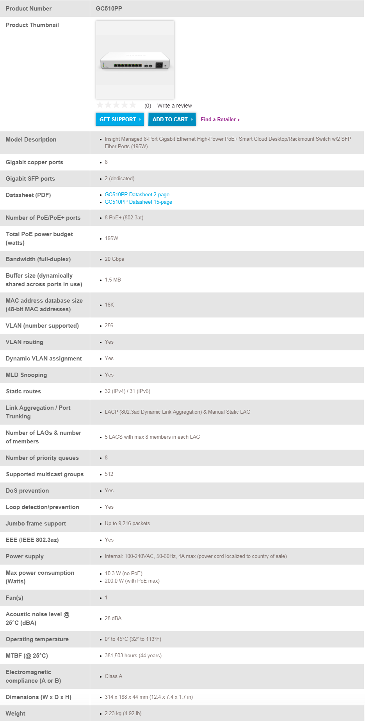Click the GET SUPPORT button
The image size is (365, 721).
[119, 119]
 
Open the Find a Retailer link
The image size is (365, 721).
[220, 120]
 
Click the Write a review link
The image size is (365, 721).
[174, 106]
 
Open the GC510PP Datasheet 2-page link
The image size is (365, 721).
[137, 194]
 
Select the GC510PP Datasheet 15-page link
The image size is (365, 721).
[138, 202]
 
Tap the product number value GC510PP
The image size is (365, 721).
[109, 9]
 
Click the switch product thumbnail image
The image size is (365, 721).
[135, 60]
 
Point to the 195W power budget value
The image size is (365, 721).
[111, 239]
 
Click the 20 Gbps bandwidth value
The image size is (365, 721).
[114, 259]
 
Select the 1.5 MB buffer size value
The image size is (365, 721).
[112, 280]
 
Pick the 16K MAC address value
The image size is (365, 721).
[109, 305]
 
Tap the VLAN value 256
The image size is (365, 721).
[109, 326]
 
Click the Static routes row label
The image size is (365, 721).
[23, 391]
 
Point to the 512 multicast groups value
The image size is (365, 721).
[109, 474]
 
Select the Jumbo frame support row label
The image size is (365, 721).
[36, 524]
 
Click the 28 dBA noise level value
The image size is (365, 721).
[113, 619]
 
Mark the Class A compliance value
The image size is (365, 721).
[113, 676]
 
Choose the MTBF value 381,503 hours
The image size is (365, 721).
[133, 656]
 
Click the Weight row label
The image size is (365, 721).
[16, 714]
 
